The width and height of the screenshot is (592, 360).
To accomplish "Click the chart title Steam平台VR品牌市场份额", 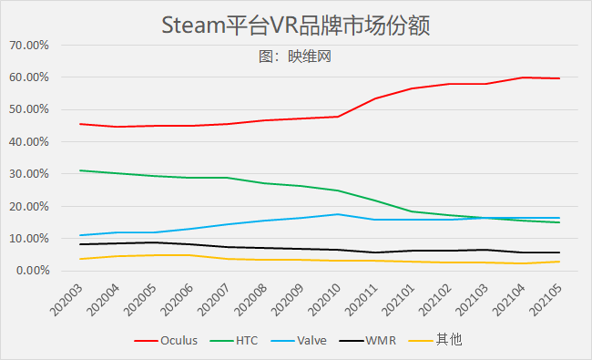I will click(x=295, y=25).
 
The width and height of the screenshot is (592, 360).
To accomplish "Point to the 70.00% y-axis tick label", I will click(x=31, y=45).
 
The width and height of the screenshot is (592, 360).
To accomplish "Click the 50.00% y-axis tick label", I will click(x=31, y=109).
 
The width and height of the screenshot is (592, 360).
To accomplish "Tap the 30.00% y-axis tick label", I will click(x=31, y=174).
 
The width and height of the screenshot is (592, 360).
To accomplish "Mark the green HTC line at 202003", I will click(x=80, y=170).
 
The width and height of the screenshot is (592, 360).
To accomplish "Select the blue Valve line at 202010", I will click(x=338, y=214).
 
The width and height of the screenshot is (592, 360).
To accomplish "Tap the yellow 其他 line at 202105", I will click(x=559, y=262).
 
